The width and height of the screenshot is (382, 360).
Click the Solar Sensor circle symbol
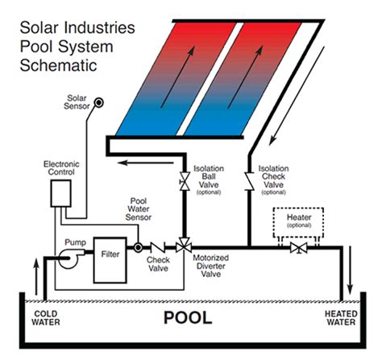click(99, 101)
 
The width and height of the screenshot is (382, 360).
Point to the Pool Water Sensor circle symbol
click(138, 246)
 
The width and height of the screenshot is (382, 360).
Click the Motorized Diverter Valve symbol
click(185, 246)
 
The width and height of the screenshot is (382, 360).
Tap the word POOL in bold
click(189, 317)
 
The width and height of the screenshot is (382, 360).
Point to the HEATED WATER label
click(342, 318)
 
